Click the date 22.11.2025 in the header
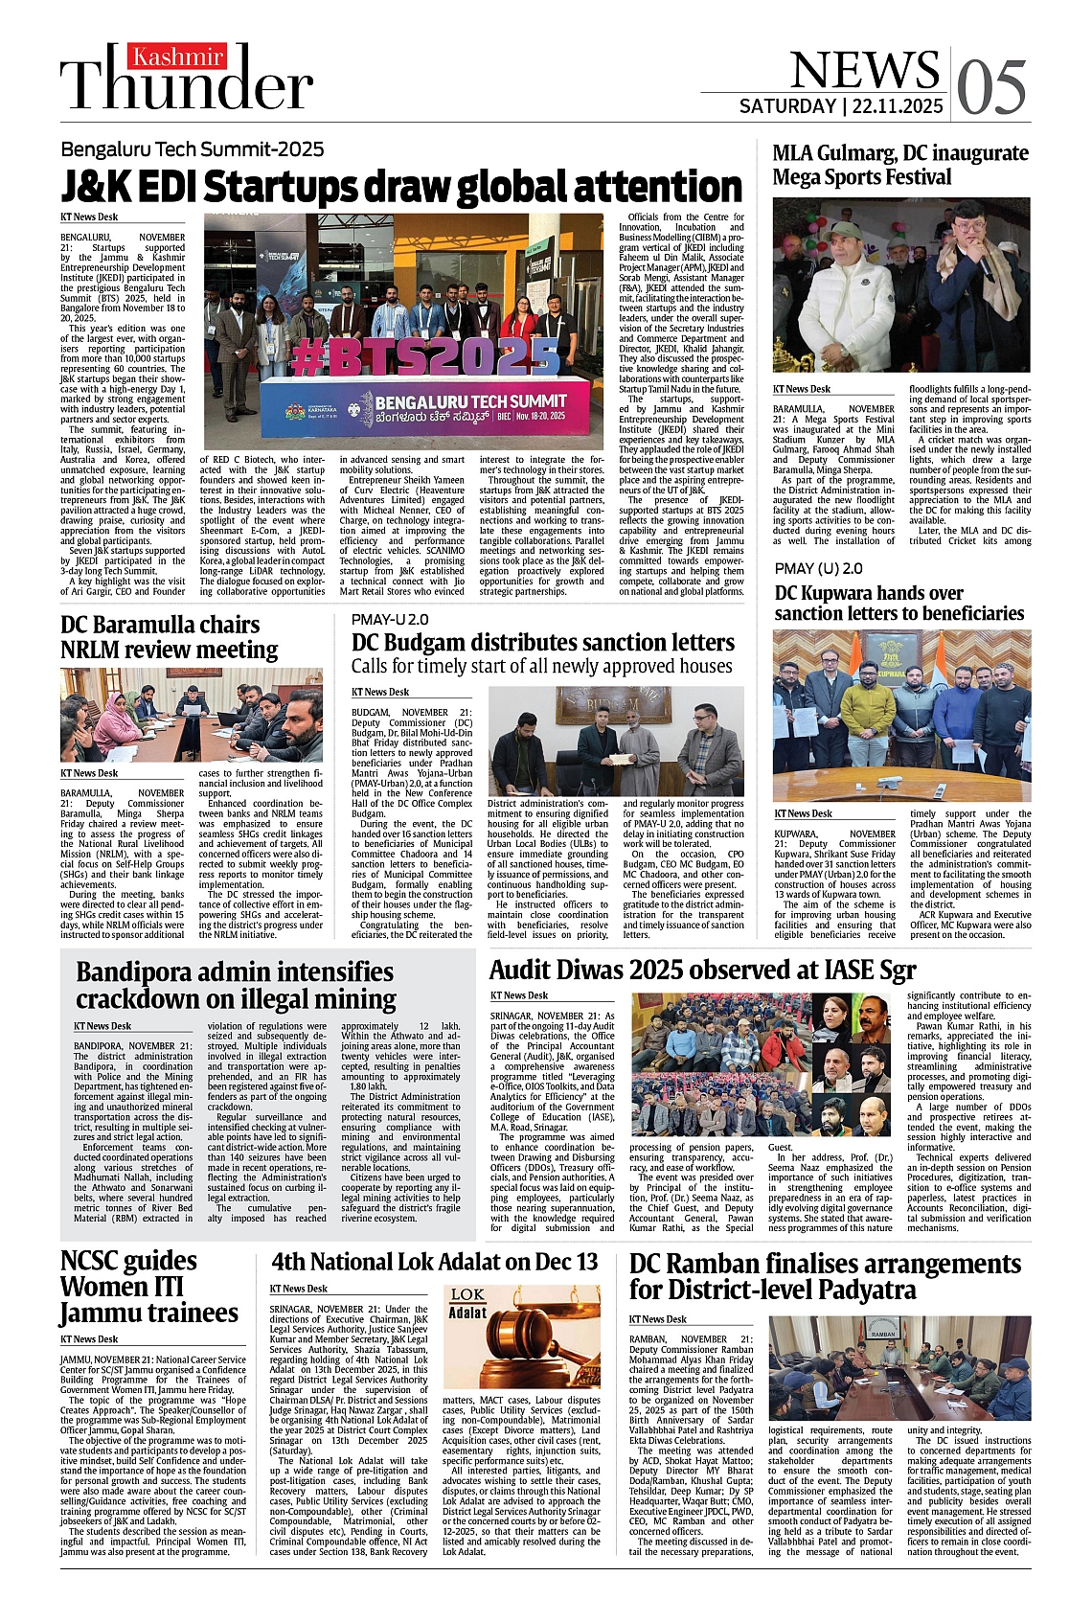(x=895, y=106)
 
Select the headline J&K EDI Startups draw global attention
(x=401, y=186)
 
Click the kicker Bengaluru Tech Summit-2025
(x=193, y=149)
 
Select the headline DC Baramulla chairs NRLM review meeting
(x=169, y=637)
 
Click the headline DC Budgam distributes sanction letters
(x=542, y=642)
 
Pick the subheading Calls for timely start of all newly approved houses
(x=541, y=666)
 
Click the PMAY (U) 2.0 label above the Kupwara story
(x=818, y=568)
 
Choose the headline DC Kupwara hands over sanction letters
(x=899, y=603)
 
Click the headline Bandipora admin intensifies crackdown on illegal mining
(x=235, y=985)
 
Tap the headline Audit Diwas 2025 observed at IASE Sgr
(x=702, y=970)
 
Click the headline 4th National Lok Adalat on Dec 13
(x=434, y=1261)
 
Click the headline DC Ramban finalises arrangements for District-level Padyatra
(x=825, y=1276)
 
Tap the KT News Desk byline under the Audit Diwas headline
(x=519, y=995)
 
